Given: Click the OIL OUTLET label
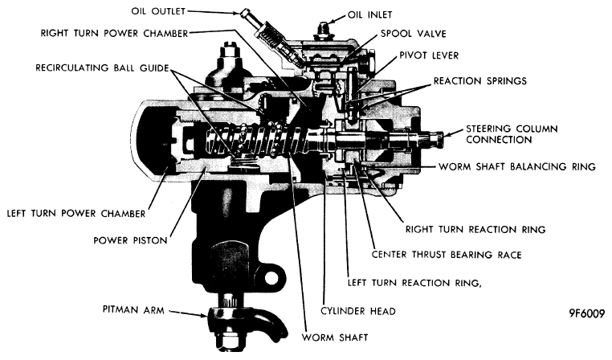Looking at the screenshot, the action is click(x=158, y=11).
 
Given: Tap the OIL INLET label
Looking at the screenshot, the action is click(x=369, y=14).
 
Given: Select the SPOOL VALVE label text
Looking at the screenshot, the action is click(x=414, y=34).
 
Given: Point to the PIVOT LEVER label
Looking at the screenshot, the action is click(x=429, y=55).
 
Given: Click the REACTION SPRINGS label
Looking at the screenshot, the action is click(x=480, y=81).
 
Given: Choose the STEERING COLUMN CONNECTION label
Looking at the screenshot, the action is click(x=512, y=134).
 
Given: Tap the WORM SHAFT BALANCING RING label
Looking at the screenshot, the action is click(x=517, y=166).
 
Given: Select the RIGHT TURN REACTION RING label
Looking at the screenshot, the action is click(x=475, y=229).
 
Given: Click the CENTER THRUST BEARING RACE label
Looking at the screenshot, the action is click(x=447, y=255).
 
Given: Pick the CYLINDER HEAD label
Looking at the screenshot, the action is click(x=358, y=311).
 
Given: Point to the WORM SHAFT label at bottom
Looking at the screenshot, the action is click(x=335, y=337).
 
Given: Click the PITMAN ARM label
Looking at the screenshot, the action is click(x=133, y=309).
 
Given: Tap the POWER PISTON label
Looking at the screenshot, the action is click(x=130, y=240).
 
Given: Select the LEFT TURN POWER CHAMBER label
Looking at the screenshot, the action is click(x=76, y=214).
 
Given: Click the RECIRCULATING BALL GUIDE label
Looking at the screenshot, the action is click(x=102, y=68).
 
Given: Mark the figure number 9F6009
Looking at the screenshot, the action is click(x=586, y=313).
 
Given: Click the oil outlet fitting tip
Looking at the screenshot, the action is click(x=245, y=14).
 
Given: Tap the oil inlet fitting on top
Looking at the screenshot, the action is click(x=322, y=29).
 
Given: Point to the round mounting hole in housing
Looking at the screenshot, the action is click(x=271, y=278).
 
